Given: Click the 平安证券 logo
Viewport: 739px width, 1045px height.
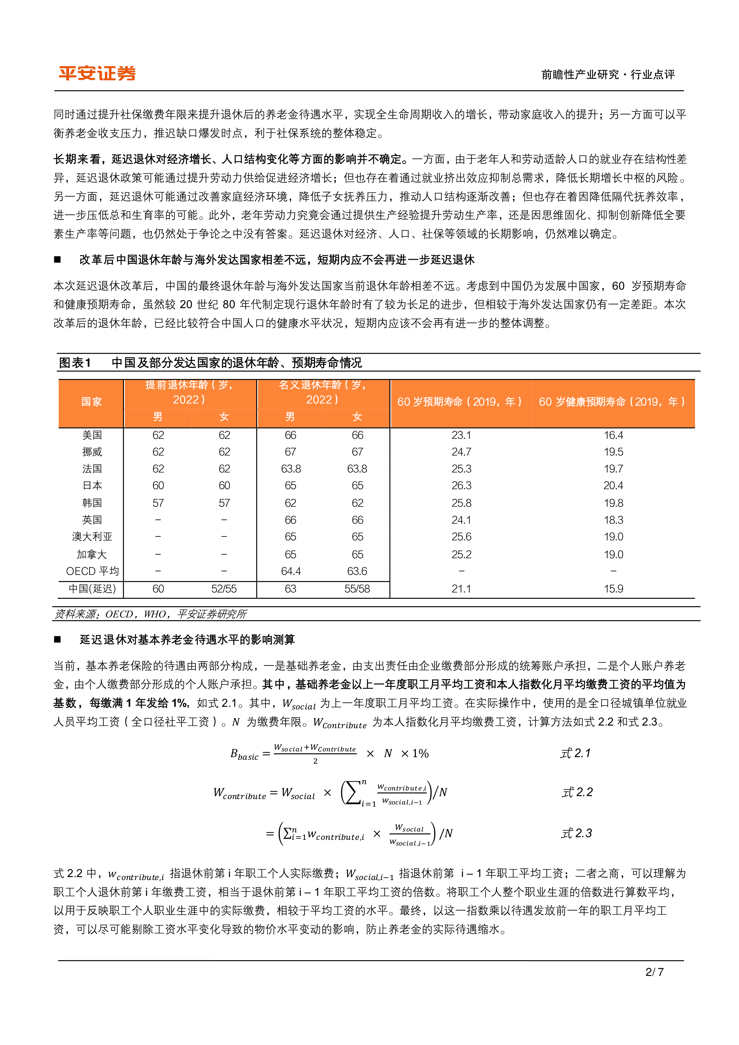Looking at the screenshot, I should (97, 73).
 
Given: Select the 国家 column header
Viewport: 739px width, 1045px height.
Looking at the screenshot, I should (91, 401).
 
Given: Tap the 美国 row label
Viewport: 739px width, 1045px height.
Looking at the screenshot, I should (92, 435).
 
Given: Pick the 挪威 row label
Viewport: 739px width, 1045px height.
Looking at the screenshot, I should (92, 452).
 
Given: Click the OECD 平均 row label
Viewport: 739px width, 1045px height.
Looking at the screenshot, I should (92, 571).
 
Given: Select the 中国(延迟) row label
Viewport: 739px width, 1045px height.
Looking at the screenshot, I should (92, 589).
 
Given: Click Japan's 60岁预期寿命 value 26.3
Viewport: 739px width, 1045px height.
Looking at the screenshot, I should (461, 486).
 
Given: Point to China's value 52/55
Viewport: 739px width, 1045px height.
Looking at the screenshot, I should (224, 589).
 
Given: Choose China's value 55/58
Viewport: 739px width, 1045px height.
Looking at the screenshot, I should (357, 589).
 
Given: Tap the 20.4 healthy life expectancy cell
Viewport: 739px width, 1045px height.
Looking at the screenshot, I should (613, 486).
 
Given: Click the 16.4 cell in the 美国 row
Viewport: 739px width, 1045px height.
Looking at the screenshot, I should (613, 435).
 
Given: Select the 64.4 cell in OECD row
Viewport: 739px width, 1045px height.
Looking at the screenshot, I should (291, 571).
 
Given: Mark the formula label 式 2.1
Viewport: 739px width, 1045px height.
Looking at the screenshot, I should (575, 753).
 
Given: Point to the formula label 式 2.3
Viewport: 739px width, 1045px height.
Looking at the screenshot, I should (576, 833).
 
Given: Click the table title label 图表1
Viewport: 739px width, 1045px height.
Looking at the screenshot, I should (75, 363).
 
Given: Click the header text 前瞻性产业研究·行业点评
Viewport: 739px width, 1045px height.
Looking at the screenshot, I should (608, 74).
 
